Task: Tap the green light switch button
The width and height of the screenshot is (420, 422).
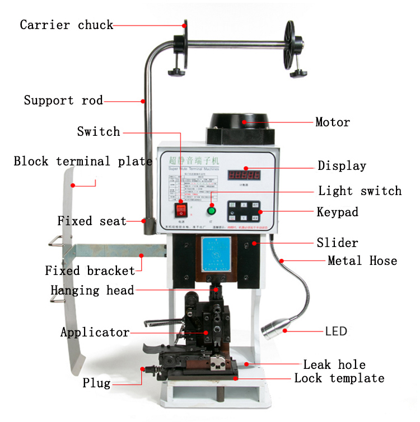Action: click(212, 211)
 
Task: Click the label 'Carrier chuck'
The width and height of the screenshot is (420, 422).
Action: click(66, 25)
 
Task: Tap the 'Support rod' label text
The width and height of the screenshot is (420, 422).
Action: click(63, 101)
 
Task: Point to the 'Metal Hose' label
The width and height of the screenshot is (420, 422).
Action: click(362, 260)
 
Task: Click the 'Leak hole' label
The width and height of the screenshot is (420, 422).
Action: click(334, 365)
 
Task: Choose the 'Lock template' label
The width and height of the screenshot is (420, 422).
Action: click(339, 378)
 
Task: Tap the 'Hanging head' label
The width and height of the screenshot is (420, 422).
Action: click(92, 290)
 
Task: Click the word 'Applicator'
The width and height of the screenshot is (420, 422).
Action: click(95, 333)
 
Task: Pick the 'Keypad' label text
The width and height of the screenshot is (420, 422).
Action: click(337, 212)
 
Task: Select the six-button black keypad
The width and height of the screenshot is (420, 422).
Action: click(244, 211)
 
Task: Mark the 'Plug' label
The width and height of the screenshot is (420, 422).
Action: click(96, 383)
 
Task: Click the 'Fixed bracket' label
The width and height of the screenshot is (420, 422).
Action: click(90, 271)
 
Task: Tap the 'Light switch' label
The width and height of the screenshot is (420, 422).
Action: click(360, 191)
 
